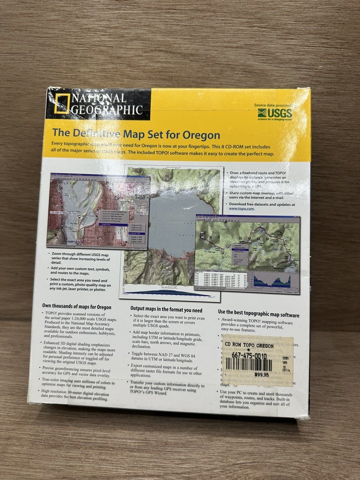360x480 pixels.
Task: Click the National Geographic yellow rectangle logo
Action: point(61,104)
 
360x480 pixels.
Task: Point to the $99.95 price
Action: point(261,374)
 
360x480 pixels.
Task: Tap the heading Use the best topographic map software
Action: point(258,315)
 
